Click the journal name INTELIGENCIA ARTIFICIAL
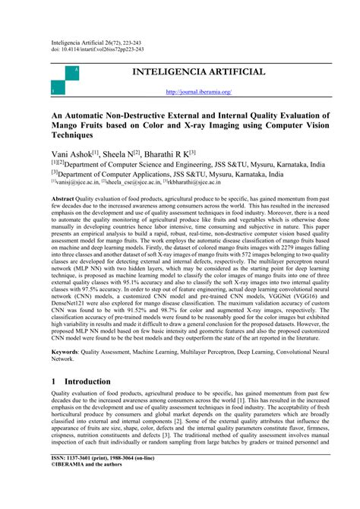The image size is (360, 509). click(199, 72)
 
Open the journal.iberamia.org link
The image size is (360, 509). click(199, 93)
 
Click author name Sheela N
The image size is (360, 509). click(135, 152)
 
